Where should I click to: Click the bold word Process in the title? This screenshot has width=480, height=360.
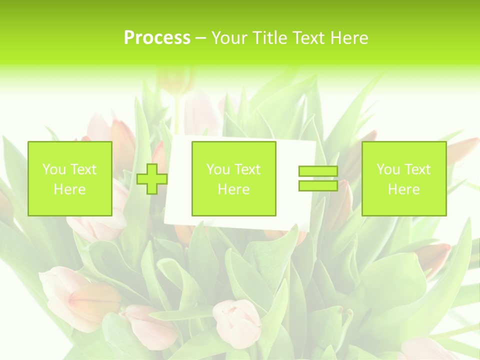click(x=157, y=37)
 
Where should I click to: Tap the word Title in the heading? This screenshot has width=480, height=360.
click(x=269, y=37)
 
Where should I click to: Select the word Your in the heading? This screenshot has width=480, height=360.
click(x=229, y=37)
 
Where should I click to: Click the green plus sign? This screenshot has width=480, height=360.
click(x=152, y=179)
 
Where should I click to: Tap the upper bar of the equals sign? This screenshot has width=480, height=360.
click(x=318, y=171)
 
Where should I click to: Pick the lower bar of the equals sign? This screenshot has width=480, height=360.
click(x=318, y=185)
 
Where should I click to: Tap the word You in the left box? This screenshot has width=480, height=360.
click(x=54, y=169)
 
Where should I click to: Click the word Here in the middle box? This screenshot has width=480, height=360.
click(x=234, y=189)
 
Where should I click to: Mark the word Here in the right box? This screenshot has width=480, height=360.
click(x=404, y=189)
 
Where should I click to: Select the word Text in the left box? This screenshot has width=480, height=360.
click(x=83, y=169)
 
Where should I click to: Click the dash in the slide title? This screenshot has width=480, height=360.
click(x=200, y=38)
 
